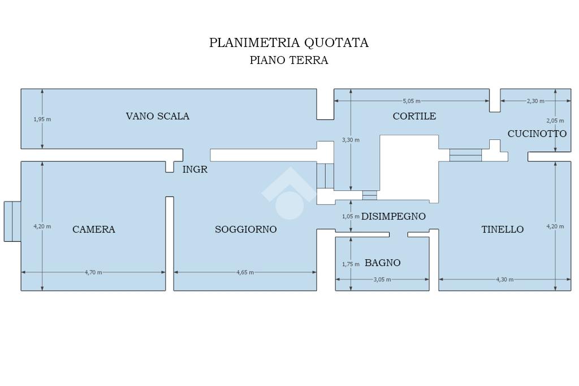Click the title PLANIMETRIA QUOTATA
coord(288,43)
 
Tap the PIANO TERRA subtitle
coord(288,61)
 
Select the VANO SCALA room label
coord(157,116)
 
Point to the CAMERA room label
coord(93,229)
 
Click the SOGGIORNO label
coord(245,229)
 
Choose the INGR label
coord(195,169)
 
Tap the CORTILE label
coord(414,116)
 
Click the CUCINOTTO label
coord(537,134)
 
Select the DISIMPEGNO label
coord(393,216)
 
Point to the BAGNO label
coord(382,263)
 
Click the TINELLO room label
coord(502,229)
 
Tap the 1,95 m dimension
coord(42,119)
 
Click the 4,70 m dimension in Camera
coord(93,272)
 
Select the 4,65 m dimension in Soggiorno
coord(245,272)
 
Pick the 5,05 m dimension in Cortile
coord(411,101)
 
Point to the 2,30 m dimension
coord(535,101)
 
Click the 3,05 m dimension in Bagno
coord(382,279)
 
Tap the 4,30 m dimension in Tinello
coord(504,279)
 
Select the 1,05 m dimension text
coord(351,216)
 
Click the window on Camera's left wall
coord(12,221)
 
